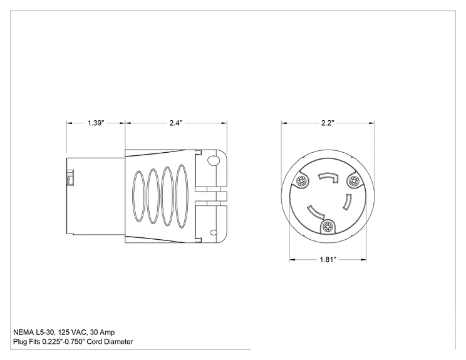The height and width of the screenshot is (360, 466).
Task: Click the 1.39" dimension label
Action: click(x=96, y=123)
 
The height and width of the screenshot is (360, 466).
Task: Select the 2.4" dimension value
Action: click(x=176, y=123)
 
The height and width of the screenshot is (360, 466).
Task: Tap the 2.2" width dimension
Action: click(x=328, y=123)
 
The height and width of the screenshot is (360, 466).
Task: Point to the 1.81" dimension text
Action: click(x=328, y=260)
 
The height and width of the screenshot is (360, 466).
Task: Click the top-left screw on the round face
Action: click(x=303, y=181)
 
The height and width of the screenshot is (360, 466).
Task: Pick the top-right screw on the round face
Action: click(x=353, y=180)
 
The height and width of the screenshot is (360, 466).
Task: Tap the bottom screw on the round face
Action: click(x=328, y=227)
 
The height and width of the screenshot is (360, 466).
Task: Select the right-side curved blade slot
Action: click(x=347, y=202)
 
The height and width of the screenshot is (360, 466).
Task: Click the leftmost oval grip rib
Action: click(x=138, y=196)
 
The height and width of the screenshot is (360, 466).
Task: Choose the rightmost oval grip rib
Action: click(x=182, y=197)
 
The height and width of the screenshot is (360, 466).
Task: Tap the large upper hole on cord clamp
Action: click(x=213, y=161)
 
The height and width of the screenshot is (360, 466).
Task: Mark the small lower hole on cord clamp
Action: click(x=213, y=232)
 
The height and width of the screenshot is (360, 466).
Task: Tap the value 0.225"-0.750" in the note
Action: click(x=64, y=342)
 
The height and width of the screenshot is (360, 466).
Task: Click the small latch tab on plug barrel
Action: click(x=70, y=178)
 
